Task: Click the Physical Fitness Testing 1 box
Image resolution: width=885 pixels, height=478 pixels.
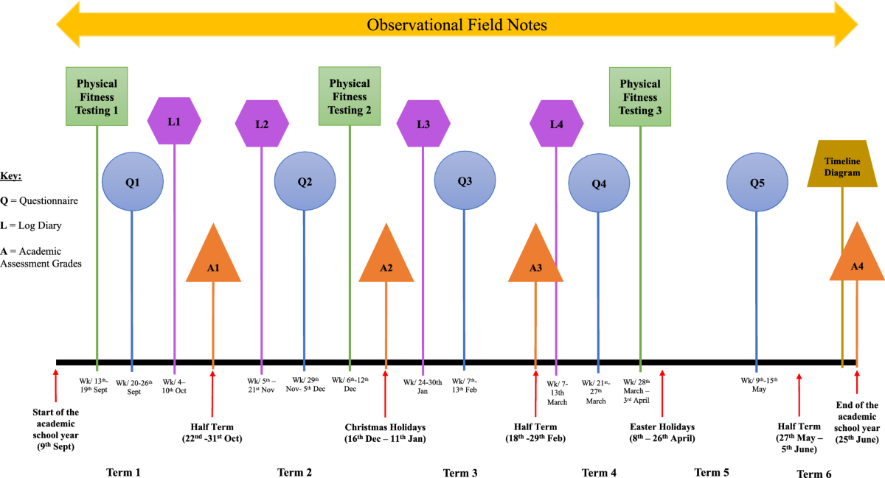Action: (97, 96)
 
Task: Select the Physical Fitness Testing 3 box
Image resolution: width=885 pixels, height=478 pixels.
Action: (639, 97)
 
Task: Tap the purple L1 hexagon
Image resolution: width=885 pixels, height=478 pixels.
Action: (174, 121)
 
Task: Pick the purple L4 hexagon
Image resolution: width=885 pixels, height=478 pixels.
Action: (557, 124)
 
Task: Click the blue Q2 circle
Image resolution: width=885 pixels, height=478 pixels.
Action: (304, 182)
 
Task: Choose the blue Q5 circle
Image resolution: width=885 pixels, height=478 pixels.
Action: (756, 183)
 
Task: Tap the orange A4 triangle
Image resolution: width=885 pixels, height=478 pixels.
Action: (857, 259)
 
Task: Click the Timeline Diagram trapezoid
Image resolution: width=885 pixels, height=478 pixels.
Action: (842, 167)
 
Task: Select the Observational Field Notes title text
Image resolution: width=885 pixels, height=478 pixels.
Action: (457, 25)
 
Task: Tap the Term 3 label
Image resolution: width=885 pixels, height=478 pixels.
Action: (461, 472)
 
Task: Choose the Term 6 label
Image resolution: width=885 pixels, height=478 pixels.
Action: (814, 474)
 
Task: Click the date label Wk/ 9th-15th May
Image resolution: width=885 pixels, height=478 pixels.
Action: (759, 384)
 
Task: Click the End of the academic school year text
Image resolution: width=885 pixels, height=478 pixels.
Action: (857, 421)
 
